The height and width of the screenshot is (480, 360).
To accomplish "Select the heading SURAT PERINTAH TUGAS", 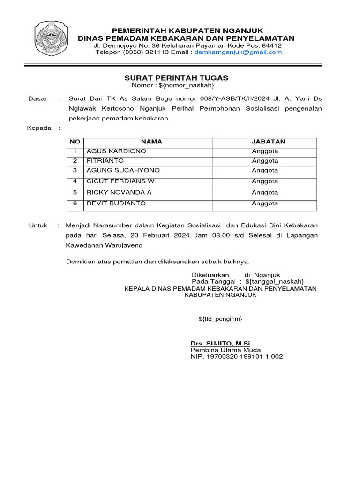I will (176, 77).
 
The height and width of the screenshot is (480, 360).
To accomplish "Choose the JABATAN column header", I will (265, 142).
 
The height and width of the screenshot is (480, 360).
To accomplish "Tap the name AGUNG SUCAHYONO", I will (123, 170).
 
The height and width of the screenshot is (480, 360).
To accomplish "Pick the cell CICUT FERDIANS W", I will (120, 181).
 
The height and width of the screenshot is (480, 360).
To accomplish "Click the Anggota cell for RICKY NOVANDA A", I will (265, 192).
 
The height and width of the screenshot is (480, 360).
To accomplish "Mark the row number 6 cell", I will (75, 203).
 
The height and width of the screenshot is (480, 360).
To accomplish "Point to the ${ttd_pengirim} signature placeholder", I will (220, 319).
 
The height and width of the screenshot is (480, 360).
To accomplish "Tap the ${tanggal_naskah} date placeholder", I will (271, 281).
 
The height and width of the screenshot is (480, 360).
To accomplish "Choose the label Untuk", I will (38, 225).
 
